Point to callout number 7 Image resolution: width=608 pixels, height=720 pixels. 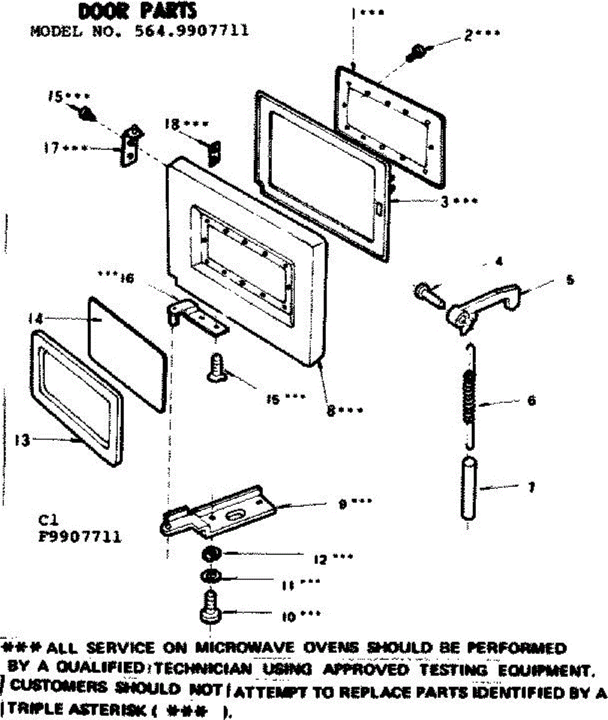[x=531, y=487]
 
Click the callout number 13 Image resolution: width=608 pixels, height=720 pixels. [x=22, y=440]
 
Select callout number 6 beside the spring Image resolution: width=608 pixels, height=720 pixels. [x=531, y=400]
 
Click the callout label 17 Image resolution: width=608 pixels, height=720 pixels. [x=52, y=148]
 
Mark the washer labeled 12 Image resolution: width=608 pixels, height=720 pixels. [x=212, y=553]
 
